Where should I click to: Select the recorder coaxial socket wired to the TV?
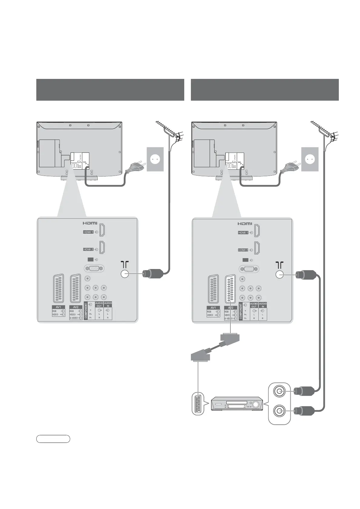click(279, 391)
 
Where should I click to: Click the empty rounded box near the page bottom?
click(53, 439)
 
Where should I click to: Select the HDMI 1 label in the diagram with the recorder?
click(243, 233)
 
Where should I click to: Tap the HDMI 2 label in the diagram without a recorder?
click(88, 249)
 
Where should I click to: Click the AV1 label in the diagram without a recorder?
click(58, 307)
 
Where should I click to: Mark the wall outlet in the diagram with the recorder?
click(310, 159)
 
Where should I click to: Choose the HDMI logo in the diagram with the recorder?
click(244, 224)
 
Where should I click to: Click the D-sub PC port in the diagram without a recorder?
click(94, 268)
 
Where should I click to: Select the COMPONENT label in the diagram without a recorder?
click(86, 311)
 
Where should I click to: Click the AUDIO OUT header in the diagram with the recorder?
click(254, 305)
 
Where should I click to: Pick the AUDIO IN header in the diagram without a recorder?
click(108, 304)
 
